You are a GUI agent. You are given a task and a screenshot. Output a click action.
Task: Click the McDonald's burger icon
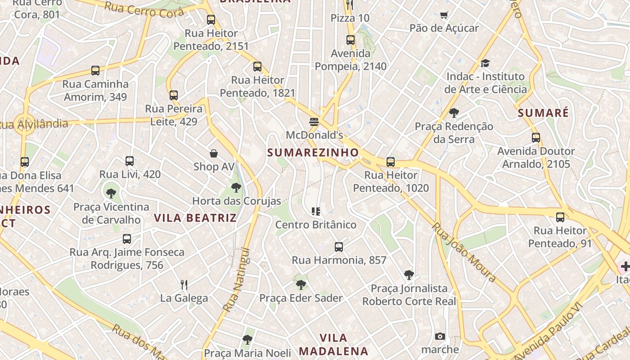[x=314, y=121]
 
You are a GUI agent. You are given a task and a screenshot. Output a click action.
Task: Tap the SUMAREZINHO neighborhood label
[x=313, y=153]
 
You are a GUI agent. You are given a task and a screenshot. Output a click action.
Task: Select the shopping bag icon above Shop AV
[x=214, y=153]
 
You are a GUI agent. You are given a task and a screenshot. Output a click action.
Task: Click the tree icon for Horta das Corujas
[x=236, y=188]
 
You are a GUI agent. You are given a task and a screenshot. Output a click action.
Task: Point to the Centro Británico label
[x=315, y=225]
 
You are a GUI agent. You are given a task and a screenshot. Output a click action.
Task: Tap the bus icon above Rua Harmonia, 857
[x=339, y=247]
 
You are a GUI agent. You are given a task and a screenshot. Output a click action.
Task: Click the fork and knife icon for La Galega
[x=184, y=284]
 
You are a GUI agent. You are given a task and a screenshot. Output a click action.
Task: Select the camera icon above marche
[x=440, y=336]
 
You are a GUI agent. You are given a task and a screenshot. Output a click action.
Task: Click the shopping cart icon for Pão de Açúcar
[x=444, y=15]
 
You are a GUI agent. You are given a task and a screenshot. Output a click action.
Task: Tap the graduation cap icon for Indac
[x=485, y=63]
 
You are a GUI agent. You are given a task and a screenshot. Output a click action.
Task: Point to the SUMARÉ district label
[x=543, y=113]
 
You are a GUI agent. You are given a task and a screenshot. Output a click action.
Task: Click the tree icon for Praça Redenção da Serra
[x=454, y=113]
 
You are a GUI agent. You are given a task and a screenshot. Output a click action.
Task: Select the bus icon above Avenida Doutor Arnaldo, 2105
[x=535, y=138]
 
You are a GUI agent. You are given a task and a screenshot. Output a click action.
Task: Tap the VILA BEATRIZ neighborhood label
[x=195, y=218]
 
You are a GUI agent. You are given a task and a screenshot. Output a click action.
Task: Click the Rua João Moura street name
[x=463, y=252]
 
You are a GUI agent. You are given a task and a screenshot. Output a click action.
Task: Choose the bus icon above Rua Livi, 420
[x=130, y=161]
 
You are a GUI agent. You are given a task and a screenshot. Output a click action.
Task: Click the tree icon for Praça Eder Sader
[x=301, y=284]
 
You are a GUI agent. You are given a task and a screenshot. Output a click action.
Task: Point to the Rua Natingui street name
[x=236, y=279]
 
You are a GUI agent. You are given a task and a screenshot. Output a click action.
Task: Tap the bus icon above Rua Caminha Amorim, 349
[x=95, y=71]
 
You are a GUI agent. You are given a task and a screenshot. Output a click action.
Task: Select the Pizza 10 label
[x=350, y=18]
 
